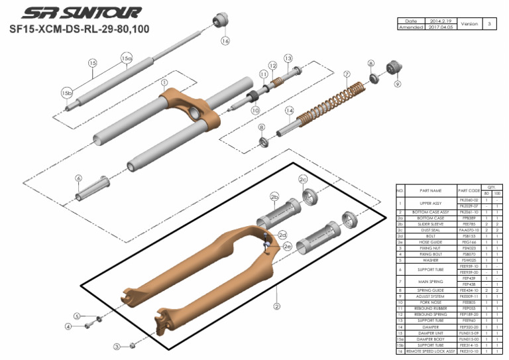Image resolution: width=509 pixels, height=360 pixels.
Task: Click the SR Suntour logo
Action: tap(81, 13)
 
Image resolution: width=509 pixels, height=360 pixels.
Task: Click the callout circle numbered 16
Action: tap(225, 40)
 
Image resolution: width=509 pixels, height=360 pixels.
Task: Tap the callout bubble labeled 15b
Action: tap(66, 92)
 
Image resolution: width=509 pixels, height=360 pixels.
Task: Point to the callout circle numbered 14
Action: tap(289, 110)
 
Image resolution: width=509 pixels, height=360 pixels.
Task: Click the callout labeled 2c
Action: tap(303, 179)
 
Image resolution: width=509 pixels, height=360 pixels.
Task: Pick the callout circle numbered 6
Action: tap(78, 178)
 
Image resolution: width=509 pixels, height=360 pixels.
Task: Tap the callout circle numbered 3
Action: tap(117, 346)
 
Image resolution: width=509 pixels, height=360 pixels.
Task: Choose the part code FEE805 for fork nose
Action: tap(469, 302)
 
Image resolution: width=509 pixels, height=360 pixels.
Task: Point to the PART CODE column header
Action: tap(469, 190)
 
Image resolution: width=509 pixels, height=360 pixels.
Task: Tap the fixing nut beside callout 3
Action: tap(132, 345)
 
